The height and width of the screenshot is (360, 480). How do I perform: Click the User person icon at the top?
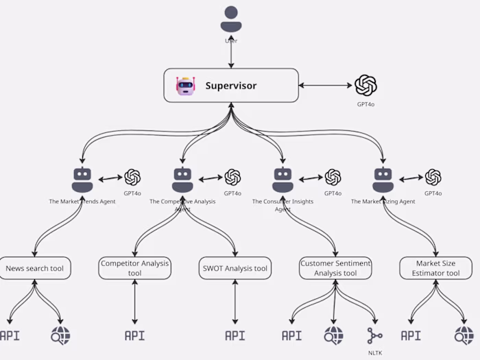coord(231,19)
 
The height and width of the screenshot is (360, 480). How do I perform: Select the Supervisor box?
coord(231,86)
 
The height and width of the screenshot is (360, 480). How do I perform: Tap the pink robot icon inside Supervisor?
coord(185,86)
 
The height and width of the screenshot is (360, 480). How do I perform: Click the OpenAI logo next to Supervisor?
coord(365,85)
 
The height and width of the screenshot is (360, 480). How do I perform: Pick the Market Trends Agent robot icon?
coord(82,180)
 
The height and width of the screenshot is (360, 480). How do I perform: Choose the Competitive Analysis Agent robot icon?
coord(182,180)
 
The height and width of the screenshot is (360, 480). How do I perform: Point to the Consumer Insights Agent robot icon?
coord(283,180)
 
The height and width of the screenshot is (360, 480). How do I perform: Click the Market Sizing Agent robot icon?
coord(383,180)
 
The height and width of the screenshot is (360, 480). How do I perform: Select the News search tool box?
coord(34,268)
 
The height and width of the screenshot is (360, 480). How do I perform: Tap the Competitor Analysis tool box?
coord(134,268)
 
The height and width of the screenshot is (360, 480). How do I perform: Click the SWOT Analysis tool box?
coord(235,268)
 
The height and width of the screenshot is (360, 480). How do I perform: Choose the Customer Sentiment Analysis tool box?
coord(336,268)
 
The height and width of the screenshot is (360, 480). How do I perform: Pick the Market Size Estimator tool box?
coord(436,268)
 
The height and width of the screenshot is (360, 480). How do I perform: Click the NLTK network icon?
coord(375,335)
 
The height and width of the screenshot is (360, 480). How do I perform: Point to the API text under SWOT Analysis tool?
coord(235,335)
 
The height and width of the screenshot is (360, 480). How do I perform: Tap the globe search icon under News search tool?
coord(60,335)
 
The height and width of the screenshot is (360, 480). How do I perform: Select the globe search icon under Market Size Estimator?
coord(464,335)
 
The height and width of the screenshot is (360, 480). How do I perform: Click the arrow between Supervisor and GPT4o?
coord(326,86)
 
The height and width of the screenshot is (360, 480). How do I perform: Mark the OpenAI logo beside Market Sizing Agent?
coord(433,178)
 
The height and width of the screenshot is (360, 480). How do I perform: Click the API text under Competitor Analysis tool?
coord(134,335)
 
